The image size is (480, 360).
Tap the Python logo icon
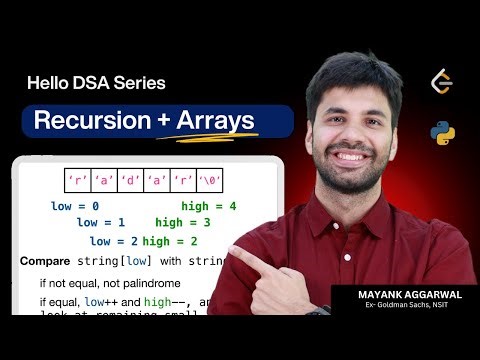(440, 131)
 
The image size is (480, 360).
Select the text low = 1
(101, 223)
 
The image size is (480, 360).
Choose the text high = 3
(183, 223)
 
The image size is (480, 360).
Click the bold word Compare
(44, 261)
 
